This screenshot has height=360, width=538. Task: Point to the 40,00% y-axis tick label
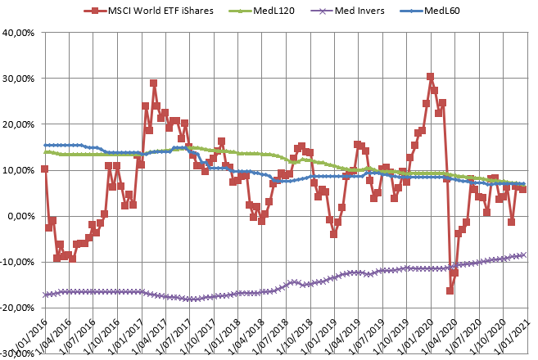19,33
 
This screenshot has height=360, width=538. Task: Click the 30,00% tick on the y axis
19,79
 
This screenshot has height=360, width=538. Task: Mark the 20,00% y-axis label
19,124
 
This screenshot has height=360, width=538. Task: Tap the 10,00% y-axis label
19,170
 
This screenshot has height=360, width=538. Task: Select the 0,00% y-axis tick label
21,216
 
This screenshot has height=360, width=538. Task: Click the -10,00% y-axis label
17,262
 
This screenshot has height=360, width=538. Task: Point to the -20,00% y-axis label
17,308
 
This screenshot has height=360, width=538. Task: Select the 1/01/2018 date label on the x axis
221,335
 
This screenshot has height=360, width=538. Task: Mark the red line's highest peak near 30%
430,77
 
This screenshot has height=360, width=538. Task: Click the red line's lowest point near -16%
450,290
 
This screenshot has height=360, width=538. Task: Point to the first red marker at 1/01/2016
44,169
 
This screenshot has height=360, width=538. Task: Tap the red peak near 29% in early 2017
153,83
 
